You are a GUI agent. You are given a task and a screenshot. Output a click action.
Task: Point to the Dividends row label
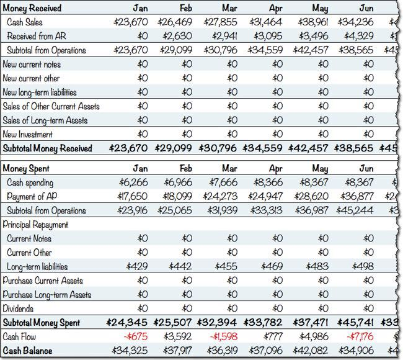pyautogui.click(x=20, y=308)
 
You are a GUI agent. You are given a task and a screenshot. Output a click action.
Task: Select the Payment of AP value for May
pyautogui.click(x=311, y=196)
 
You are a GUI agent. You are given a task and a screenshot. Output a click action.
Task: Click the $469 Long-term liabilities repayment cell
pyautogui.click(x=272, y=266)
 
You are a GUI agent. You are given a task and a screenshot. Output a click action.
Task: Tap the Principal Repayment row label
pyautogui.click(x=35, y=224)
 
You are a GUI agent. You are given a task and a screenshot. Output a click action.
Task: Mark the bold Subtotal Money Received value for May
pyautogui.click(x=309, y=148)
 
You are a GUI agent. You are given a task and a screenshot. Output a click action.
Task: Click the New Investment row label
pyautogui.click(x=27, y=134)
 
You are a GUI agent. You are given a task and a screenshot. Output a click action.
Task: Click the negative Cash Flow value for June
pyautogui.click(x=358, y=336)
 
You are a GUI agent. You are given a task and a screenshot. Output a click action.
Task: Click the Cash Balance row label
pyautogui.click(x=27, y=351)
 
